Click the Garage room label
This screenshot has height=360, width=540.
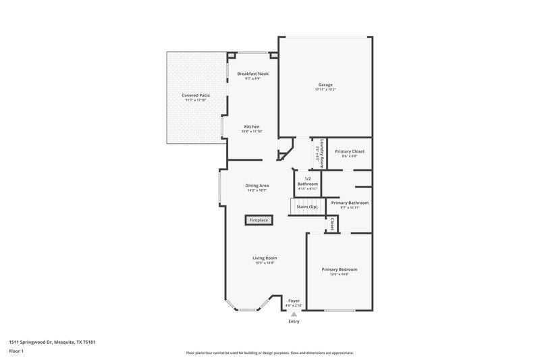click(x=325, y=84)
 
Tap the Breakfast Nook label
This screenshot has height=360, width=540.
click(x=252, y=73)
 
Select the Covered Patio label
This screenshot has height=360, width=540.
click(x=195, y=96)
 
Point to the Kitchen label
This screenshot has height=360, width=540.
click(x=252, y=126)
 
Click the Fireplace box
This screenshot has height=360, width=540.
click(x=259, y=220)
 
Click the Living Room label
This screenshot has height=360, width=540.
click(x=265, y=258)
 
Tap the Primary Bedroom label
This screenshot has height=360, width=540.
click(x=339, y=269)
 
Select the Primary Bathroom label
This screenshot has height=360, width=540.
click(x=349, y=203)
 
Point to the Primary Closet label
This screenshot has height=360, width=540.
click(x=349, y=151)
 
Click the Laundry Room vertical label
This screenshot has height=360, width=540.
click(x=323, y=153)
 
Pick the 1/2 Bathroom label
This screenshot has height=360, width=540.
click(x=308, y=181)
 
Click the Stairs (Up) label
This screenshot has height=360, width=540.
click(x=307, y=206)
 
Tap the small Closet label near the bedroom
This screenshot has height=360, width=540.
click(x=331, y=224)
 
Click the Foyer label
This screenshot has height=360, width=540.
click(x=294, y=301)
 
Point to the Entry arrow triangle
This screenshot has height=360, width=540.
click(x=294, y=314)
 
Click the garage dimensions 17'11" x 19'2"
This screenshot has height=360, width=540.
click(x=325, y=90)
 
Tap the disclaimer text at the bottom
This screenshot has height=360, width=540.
click(x=269, y=353)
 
